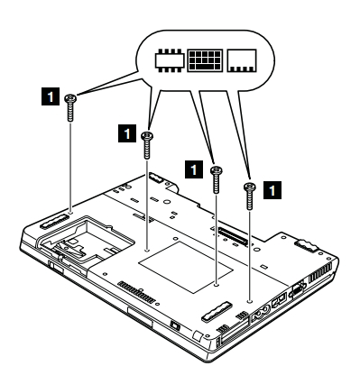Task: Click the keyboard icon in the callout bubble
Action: point(205,60)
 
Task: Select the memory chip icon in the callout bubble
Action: point(169,60)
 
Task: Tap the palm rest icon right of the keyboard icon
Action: point(242,60)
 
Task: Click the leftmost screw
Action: point(70,107)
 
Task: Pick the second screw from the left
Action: point(147,144)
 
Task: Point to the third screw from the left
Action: point(216,179)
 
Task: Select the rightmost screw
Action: point(249,196)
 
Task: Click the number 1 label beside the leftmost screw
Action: point(51,96)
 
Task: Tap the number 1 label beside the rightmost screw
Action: point(272,190)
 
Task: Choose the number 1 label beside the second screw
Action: point(127,133)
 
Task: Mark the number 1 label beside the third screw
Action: point(194,169)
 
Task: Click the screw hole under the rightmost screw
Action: point(249,301)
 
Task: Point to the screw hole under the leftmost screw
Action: point(70,213)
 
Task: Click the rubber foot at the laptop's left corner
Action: point(52,221)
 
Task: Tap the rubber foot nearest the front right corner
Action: point(217,310)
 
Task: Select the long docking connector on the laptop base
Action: point(234,236)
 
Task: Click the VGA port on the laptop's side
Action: point(298,289)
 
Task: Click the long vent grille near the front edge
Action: point(137,292)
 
